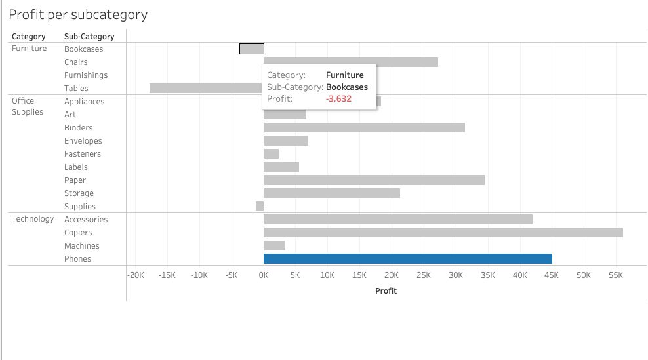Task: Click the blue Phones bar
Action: [x=407, y=259]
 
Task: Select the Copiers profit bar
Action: [x=443, y=233]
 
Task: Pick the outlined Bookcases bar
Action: [x=252, y=49]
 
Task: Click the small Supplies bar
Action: [x=260, y=207]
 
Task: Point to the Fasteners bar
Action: [x=271, y=154]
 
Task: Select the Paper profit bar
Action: [x=374, y=180]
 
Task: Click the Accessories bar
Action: [x=397, y=220]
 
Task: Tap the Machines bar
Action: [x=274, y=246]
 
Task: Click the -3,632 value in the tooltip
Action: [x=338, y=99]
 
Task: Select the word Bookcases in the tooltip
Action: [x=346, y=87]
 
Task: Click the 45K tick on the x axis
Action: [x=552, y=276]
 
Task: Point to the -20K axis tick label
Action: [x=136, y=276]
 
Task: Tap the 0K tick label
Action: [x=264, y=276]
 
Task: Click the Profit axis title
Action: [x=386, y=290]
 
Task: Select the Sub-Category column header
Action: [x=89, y=37]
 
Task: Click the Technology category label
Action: [x=33, y=219]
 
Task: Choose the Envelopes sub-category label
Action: [x=83, y=141]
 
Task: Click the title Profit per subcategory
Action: [x=78, y=14]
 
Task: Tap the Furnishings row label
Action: [x=86, y=75]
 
